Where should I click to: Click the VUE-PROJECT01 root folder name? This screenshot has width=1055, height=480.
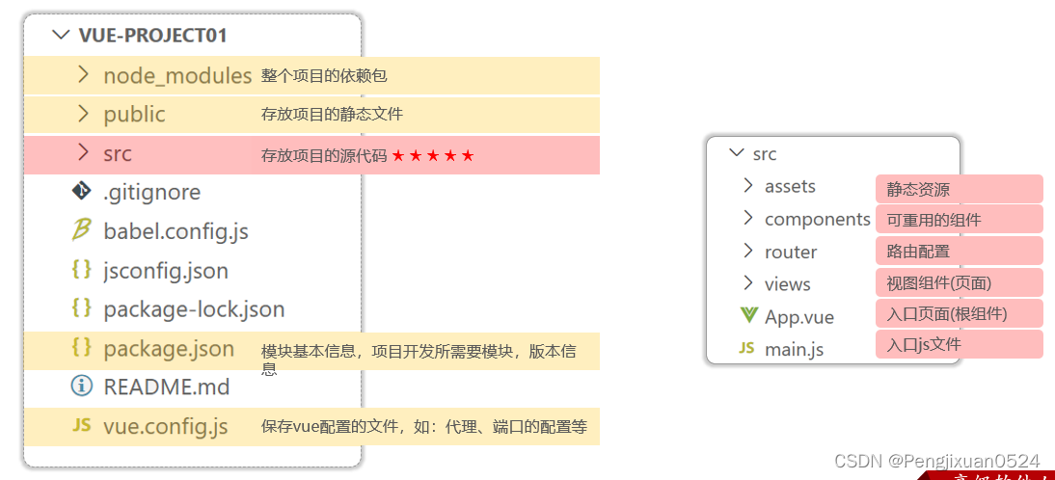(x=152, y=36)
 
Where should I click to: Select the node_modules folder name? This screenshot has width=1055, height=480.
(x=177, y=75)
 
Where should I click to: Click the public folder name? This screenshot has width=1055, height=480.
(x=134, y=114)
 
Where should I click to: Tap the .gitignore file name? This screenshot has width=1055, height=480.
(x=151, y=192)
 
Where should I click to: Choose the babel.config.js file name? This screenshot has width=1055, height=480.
(x=176, y=231)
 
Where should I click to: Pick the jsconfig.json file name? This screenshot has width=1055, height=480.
(x=166, y=271)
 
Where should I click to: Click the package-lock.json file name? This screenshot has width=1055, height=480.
(x=194, y=309)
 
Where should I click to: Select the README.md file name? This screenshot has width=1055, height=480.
(x=166, y=387)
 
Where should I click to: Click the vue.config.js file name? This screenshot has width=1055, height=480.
(x=165, y=426)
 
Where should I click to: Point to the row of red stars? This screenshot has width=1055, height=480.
(x=433, y=155)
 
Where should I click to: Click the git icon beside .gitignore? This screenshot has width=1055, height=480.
(x=82, y=192)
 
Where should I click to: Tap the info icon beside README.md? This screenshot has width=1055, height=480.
(x=82, y=387)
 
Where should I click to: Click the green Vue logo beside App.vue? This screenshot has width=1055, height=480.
(x=748, y=315)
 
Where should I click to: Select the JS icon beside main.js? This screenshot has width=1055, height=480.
(x=746, y=348)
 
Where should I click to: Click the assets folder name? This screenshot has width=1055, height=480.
(x=790, y=186)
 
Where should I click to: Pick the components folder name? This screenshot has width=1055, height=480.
(x=817, y=219)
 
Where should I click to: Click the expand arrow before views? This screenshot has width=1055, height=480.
(x=747, y=283)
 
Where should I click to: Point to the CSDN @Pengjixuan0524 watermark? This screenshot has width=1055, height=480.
(x=936, y=461)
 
